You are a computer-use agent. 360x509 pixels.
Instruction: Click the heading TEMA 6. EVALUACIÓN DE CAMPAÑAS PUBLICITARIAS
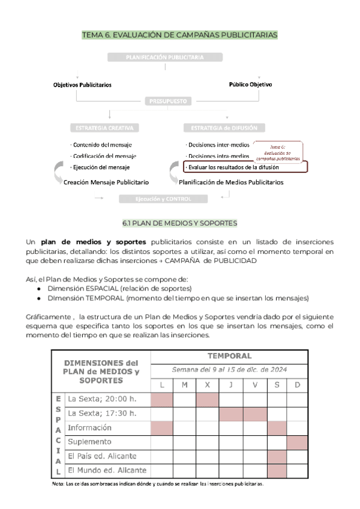coord(180,35)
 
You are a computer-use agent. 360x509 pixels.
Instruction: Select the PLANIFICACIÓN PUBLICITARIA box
coord(165,57)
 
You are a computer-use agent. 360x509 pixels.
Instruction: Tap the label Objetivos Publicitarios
coord(82,85)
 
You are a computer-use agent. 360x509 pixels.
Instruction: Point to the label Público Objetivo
coord(250,85)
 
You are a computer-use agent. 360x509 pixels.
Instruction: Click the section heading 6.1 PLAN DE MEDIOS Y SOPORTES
coord(180,223)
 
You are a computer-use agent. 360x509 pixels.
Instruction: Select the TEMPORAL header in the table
coord(229,356)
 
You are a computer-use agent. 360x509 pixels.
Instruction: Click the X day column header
coord(208,384)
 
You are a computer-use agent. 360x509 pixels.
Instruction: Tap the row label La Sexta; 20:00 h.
coord(102,399)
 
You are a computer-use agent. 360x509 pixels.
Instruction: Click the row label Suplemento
coord(89,442)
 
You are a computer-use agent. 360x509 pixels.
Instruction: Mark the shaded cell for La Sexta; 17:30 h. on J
coord(231,414)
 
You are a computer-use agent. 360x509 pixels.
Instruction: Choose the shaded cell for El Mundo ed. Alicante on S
coord(277,471)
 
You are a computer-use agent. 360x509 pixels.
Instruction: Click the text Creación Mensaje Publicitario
coord(107,182)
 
